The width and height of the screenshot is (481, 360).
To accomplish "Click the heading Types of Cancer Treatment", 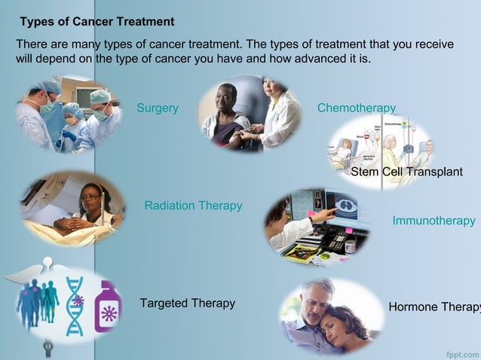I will coord(97,22).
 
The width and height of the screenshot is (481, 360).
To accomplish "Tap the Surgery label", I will coord(158,108).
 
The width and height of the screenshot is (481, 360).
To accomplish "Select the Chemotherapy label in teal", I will coord(356,108).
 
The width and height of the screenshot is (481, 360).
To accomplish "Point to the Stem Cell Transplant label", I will coord(406,172).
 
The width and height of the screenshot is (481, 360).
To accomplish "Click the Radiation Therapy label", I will coord(193,206).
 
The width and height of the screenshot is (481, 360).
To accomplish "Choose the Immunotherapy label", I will coord(434,221).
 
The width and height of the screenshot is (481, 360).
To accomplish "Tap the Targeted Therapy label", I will coord(187,304).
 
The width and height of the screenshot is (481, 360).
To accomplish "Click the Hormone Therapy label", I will coord(434,307).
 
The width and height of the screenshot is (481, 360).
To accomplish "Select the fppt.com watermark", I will coord(462,351).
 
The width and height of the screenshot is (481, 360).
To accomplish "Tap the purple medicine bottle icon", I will coord(108,306).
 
